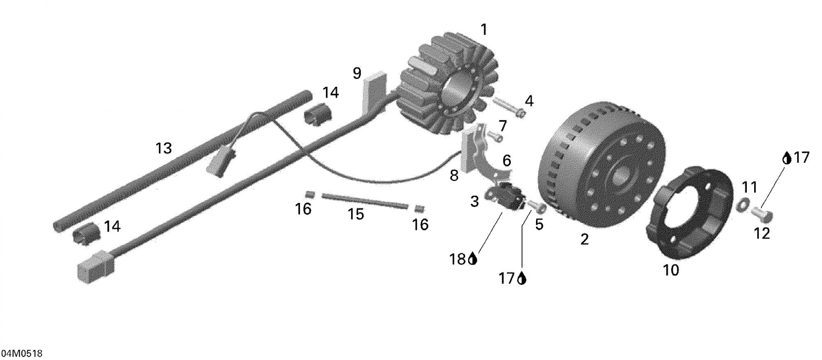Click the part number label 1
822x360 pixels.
[484, 30]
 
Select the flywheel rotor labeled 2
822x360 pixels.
[601, 164]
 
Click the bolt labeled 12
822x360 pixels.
[762, 214]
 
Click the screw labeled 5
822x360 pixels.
[536, 206]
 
